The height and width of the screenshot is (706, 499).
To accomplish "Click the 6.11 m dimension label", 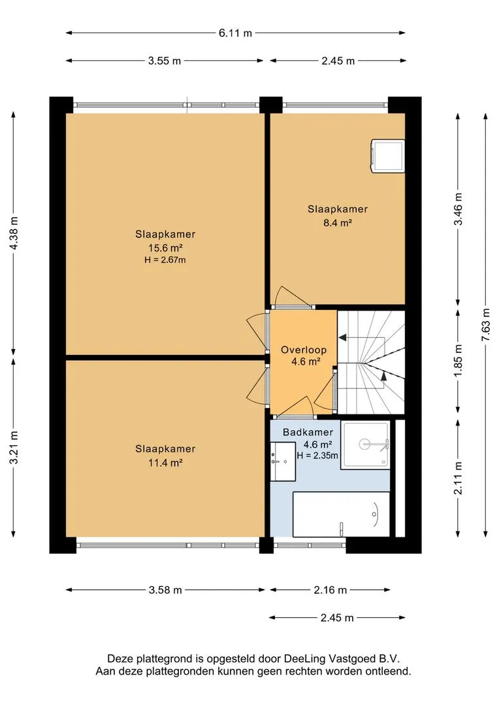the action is pyautogui.click(x=235, y=33).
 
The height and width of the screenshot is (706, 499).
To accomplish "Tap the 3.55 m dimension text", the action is pyautogui.click(x=164, y=61).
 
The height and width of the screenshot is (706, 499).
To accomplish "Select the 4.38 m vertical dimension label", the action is pyautogui.click(x=14, y=233).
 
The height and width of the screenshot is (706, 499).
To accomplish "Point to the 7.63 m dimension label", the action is pyautogui.click(x=486, y=325).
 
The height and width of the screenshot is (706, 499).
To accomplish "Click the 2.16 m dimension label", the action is pyautogui.click(x=330, y=590).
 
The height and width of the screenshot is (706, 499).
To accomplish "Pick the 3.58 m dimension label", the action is pyautogui.click(x=165, y=590).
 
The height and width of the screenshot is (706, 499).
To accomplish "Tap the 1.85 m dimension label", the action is pyautogui.click(x=458, y=361).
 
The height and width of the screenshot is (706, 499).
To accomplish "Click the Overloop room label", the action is pyautogui.click(x=304, y=350).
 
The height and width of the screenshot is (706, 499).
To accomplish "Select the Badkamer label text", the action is pyautogui.click(x=308, y=432).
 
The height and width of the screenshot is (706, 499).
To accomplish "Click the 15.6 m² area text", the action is pyautogui.click(x=165, y=248).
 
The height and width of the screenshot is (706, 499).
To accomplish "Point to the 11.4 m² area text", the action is pyautogui.click(x=165, y=462).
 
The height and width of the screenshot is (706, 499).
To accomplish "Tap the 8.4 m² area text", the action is pyautogui.click(x=338, y=222).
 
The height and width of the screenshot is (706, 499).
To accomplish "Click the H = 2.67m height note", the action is pyautogui.click(x=165, y=260).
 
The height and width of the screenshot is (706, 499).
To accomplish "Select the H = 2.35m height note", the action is pyautogui.click(x=317, y=455).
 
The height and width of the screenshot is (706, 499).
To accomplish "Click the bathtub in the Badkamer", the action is pyautogui.click(x=341, y=514).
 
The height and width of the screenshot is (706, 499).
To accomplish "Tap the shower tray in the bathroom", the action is pyautogui.click(x=365, y=445).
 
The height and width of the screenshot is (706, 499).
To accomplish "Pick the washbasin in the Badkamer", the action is pyautogui.click(x=283, y=461).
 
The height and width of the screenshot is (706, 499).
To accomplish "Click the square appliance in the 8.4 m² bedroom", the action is pyautogui.click(x=387, y=156).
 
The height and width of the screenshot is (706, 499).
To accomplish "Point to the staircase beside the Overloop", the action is pyautogui.click(x=371, y=362).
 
